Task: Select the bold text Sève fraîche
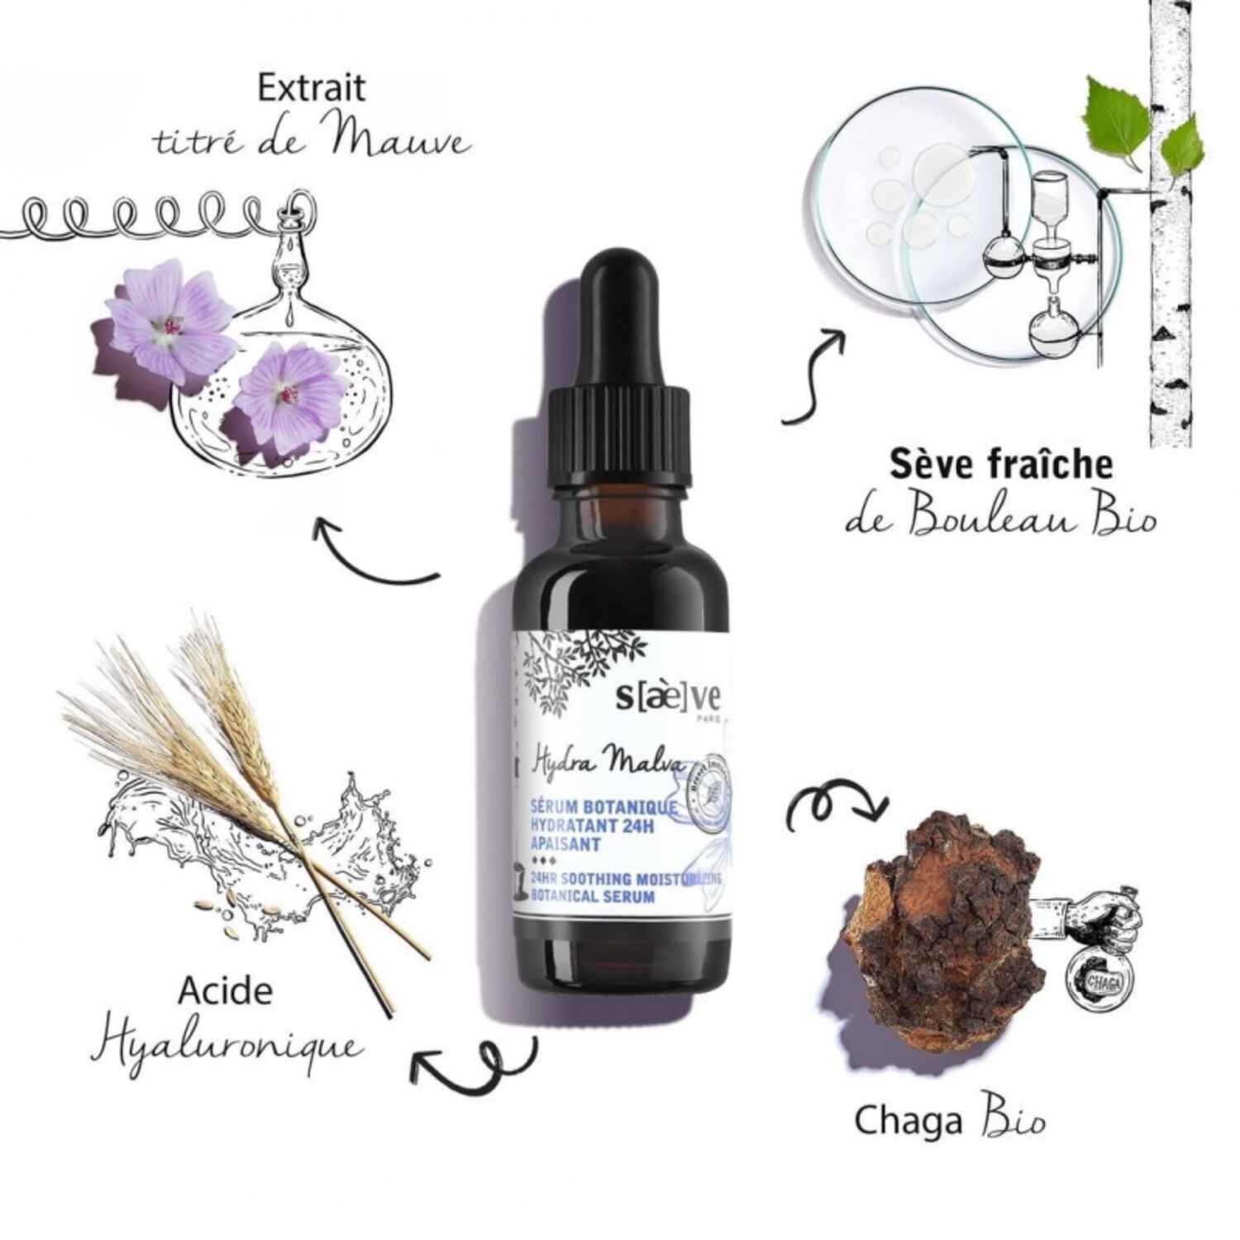[1000, 465]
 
